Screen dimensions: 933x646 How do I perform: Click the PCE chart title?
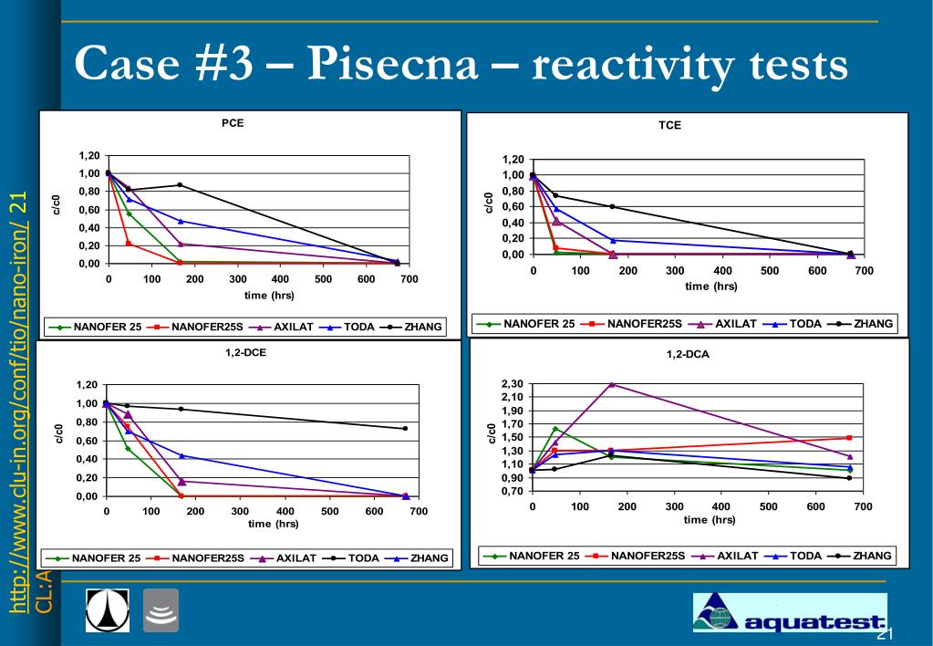click(232, 123)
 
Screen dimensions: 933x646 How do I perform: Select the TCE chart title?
click(669, 125)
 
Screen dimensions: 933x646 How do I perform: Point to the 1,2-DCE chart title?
click(245, 352)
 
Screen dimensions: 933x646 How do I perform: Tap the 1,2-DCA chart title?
click(688, 354)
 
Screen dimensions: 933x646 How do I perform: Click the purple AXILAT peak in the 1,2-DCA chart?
click(612, 385)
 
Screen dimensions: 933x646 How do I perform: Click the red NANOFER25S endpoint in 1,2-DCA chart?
click(849, 438)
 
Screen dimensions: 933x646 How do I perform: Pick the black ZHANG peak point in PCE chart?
click(180, 185)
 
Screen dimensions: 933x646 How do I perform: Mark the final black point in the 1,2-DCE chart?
click(405, 428)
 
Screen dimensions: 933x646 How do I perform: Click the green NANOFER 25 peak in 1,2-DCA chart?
click(555, 429)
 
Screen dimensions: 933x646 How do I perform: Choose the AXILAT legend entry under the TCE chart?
click(722, 324)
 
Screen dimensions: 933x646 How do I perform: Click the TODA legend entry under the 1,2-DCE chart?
click(350, 558)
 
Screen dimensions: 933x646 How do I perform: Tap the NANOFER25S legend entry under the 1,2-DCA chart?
click(636, 556)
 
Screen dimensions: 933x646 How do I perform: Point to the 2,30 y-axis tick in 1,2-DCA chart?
click(513, 384)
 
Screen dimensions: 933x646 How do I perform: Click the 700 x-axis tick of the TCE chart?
click(864, 271)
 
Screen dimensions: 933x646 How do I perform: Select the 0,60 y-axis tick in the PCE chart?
click(89, 210)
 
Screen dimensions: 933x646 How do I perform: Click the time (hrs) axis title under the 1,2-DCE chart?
click(273, 524)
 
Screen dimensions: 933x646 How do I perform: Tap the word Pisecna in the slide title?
click(393, 64)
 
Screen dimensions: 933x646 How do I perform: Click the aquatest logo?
click(790, 612)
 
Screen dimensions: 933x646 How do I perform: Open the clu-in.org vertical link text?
click(18, 402)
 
